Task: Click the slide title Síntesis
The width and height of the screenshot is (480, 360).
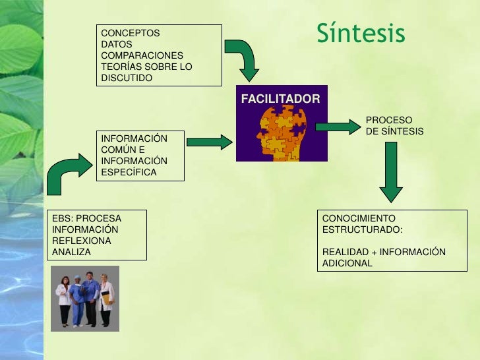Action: click(x=360, y=33)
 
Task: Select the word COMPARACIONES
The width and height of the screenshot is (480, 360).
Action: click(x=142, y=55)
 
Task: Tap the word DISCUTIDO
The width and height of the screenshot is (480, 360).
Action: click(x=127, y=78)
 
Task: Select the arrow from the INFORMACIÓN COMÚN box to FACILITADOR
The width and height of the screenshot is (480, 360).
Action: click(x=210, y=141)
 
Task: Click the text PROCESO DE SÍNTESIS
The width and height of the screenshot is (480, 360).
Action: click(x=394, y=126)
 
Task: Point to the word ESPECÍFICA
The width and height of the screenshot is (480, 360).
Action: click(x=129, y=172)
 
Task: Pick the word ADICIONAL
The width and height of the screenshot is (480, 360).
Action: click(x=347, y=263)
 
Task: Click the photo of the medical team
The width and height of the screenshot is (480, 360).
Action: click(x=86, y=298)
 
